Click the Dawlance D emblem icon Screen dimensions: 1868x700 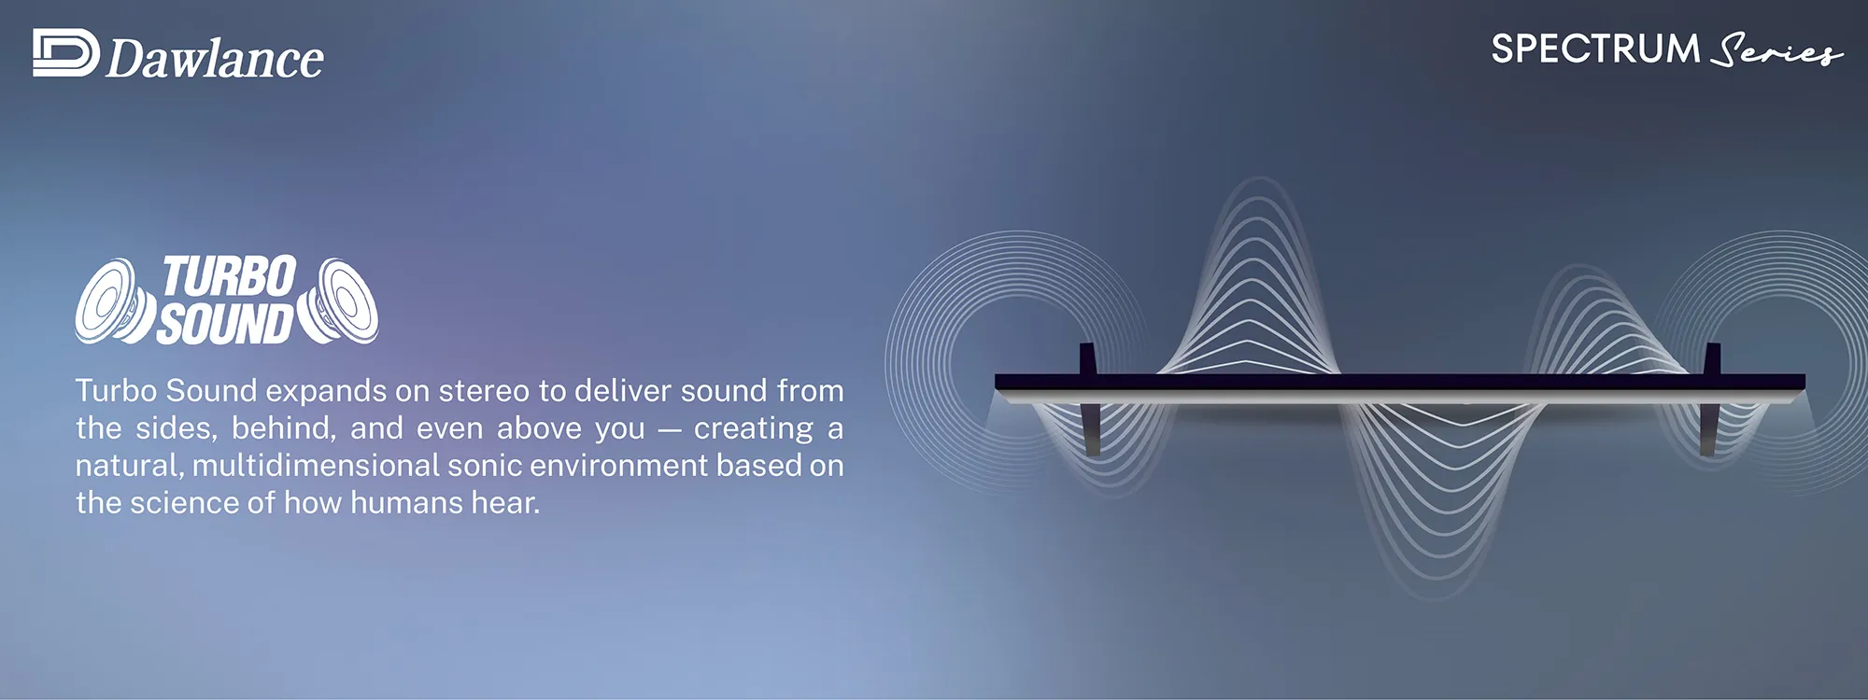[65, 52]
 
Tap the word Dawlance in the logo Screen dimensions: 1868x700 [215, 58]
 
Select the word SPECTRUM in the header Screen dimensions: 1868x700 [1595, 49]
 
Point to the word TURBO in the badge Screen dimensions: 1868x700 [230, 277]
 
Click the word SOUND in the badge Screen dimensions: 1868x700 [225, 323]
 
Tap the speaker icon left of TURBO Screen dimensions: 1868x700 [115, 301]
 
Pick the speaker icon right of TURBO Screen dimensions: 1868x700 [338, 301]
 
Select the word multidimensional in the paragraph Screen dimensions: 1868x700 [316, 465]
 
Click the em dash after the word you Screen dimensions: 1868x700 [670, 430]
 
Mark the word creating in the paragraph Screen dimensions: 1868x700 [754, 428]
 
